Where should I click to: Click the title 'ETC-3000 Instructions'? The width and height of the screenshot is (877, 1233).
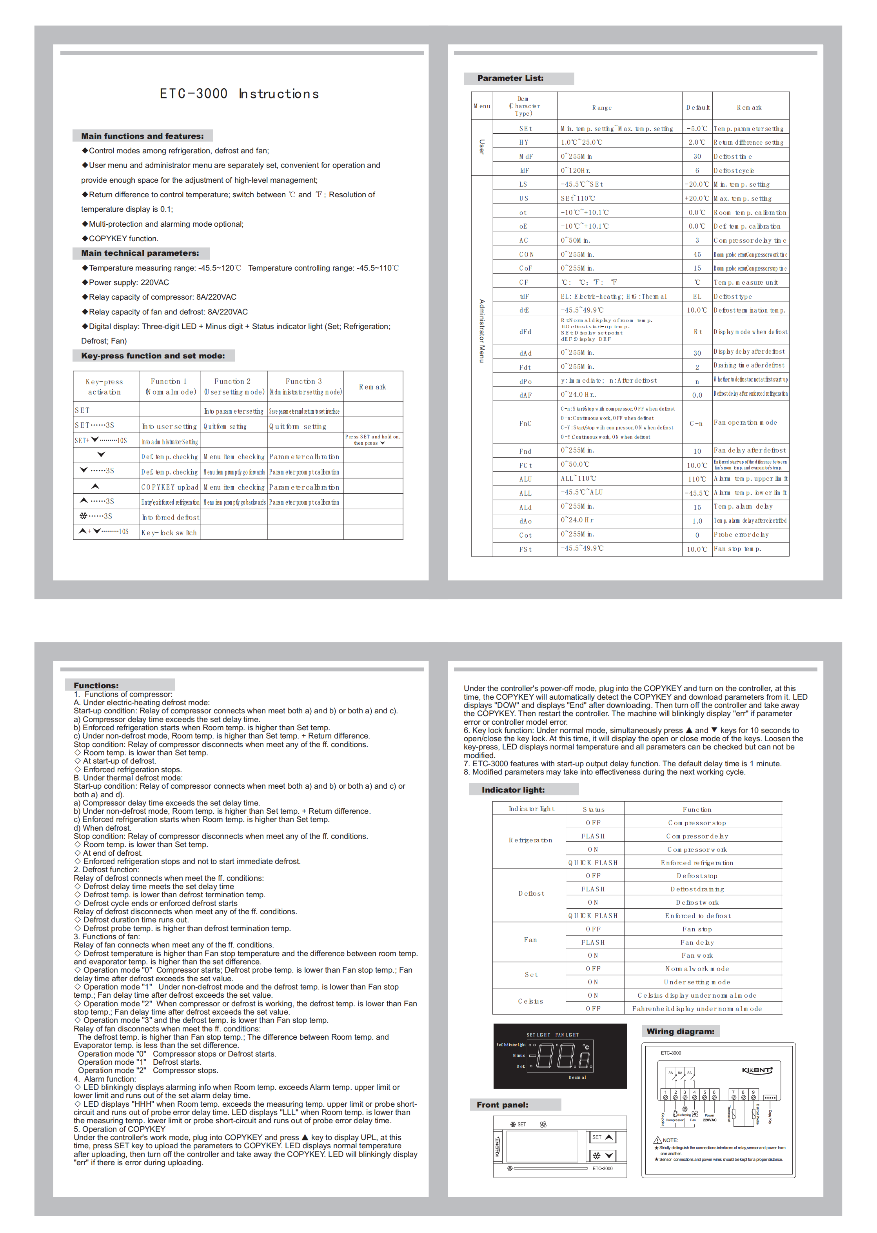(x=239, y=94)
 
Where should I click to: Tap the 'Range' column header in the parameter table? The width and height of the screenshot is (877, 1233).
(x=601, y=107)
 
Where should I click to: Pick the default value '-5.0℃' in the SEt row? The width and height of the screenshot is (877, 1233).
(x=697, y=129)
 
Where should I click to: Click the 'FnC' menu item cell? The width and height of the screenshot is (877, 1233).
(x=525, y=424)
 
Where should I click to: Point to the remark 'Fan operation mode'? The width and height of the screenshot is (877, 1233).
(x=745, y=422)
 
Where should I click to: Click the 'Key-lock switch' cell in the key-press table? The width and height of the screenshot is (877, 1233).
(x=169, y=533)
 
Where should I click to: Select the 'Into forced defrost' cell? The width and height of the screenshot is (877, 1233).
(x=170, y=517)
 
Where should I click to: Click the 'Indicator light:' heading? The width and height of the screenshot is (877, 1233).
(x=513, y=789)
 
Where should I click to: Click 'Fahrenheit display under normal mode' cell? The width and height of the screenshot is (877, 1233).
(x=697, y=1008)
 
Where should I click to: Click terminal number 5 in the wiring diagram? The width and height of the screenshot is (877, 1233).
(x=704, y=1092)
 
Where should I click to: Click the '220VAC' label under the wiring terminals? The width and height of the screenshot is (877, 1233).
(x=709, y=1120)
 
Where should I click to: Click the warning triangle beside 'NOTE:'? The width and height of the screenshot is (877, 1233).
(x=657, y=1140)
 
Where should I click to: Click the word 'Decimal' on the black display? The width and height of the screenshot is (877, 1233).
(x=577, y=1077)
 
